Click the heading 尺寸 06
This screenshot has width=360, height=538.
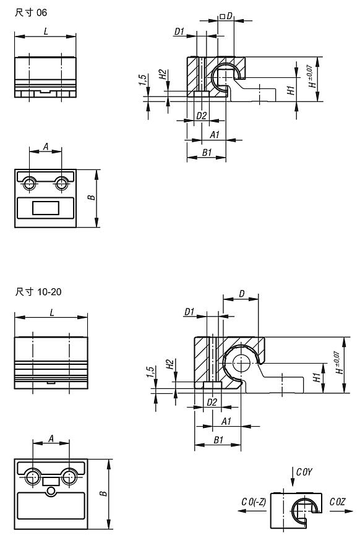pyautogui.click(x=30, y=13)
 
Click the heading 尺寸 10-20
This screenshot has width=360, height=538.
pyautogui.click(x=38, y=292)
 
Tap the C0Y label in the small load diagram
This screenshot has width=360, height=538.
pyautogui.click(x=304, y=472)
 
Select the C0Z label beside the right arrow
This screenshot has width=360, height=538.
pyautogui.click(x=337, y=502)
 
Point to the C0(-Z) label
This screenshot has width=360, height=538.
pyautogui.click(x=254, y=502)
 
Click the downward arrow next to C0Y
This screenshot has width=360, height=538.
pyautogui.click(x=293, y=477)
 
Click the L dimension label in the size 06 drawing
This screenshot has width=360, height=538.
pyautogui.click(x=46, y=31)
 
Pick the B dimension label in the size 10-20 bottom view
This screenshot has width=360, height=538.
pyautogui.click(x=103, y=493)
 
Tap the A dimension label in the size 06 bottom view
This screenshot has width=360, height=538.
pyautogui.click(x=46, y=147)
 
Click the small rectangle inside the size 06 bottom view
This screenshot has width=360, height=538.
pyautogui.click(x=46, y=208)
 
